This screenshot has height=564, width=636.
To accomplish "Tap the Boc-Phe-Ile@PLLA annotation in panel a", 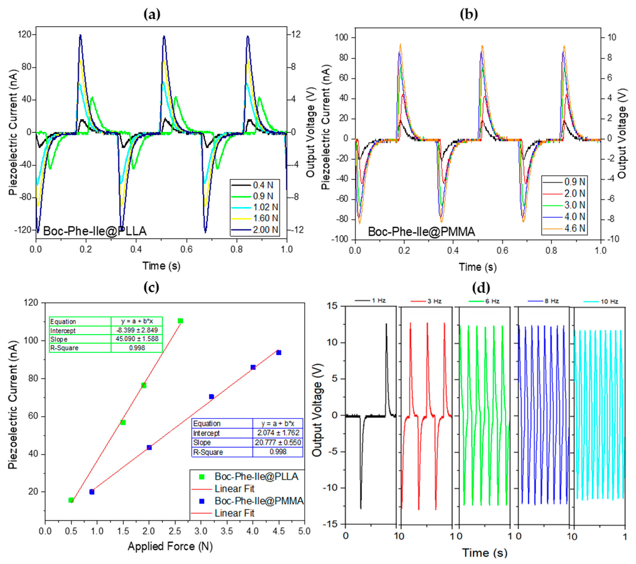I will coord(95,231).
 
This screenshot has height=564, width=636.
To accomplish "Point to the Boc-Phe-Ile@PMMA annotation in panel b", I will coord(421,232).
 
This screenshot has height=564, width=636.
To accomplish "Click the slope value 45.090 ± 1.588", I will coord(137,339).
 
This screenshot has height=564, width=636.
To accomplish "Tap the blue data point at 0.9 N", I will coord(92,492).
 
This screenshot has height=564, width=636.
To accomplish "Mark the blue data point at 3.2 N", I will coord(211,396).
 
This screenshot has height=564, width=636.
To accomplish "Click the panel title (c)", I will coord(152,287).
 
